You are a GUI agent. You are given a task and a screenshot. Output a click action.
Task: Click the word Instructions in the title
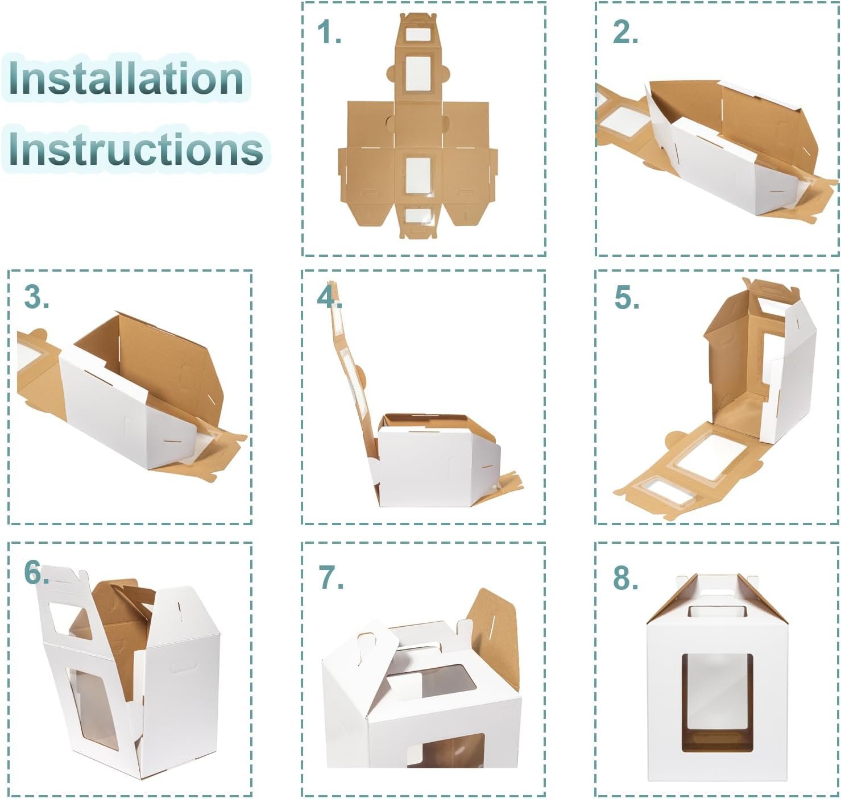coord(135,149)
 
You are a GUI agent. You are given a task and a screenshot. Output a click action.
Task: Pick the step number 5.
coord(627,297)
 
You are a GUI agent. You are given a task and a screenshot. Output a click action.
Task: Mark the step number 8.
coord(625,577)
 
